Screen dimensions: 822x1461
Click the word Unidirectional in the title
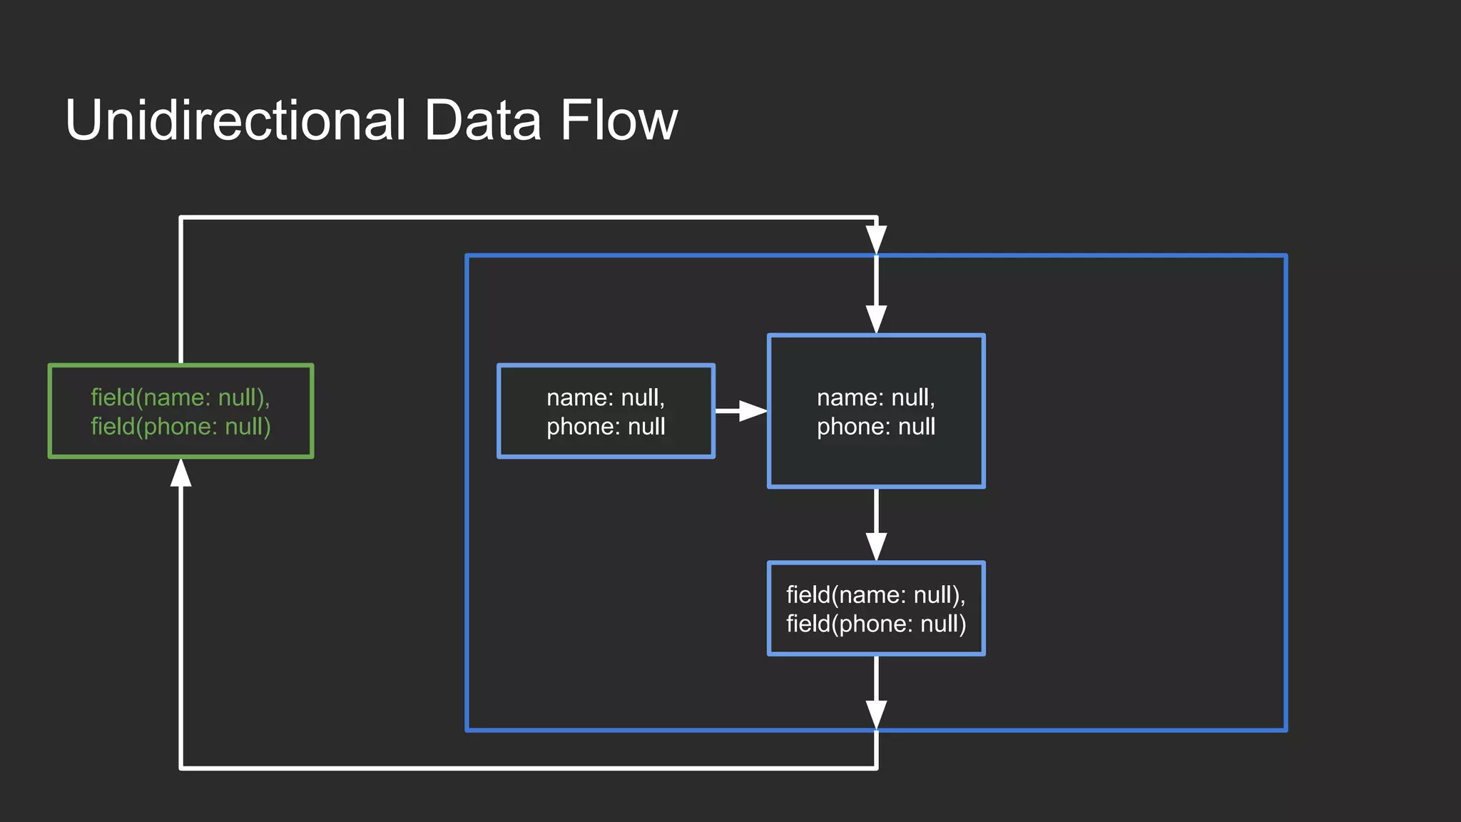pyautogui.click(x=235, y=120)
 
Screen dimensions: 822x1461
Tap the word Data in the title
pyautogui.click(x=482, y=120)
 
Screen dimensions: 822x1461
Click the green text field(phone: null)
pyautogui.click(x=180, y=427)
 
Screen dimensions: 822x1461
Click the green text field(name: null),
pyautogui.click(x=180, y=397)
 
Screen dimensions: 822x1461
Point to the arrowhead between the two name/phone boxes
pyautogui.click(x=753, y=411)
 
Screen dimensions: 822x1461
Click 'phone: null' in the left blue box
pyautogui.click(x=606, y=427)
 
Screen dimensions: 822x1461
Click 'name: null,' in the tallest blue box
pyautogui.click(x=876, y=397)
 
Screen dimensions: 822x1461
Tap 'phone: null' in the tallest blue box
pyautogui.click(x=876, y=427)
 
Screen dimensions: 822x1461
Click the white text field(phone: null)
pyautogui.click(x=876, y=624)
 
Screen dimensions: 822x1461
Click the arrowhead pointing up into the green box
pyautogui.click(x=180, y=472)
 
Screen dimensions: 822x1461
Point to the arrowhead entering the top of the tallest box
pyautogui.click(x=876, y=319)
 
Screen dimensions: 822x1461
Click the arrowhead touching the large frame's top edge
pyautogui.click(x=876, y=240)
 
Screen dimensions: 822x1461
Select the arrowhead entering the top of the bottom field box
pyautogui.click(x=876, y=547)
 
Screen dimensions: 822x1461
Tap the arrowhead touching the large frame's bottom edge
pyautogui.click(x=876, y=714)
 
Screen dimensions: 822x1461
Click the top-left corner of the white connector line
pyautogui.click(x=181, y=218)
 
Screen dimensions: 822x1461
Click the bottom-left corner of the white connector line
pyautogui.click(x=181, y=768)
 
